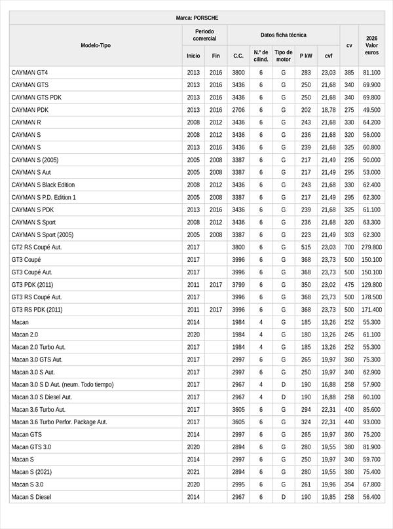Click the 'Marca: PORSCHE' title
click(197, 18)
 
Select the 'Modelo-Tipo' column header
click(96, 45)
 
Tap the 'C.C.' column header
click(238, 56)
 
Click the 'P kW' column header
click(306, 56)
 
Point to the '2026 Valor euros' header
click(372, 45)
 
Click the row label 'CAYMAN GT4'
click(30, 73)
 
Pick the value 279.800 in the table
click(371, 247)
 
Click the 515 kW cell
click(306, 247)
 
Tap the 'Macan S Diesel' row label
click(31, 497)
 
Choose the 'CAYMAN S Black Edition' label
click(43, 185)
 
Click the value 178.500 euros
click(371, 297)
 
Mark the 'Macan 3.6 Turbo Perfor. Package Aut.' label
click(60, 422)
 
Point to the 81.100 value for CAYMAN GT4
click(371, 73)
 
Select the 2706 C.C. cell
click(238, 110)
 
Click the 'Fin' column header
click(216, 56)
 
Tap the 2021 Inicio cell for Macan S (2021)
click(193, 472)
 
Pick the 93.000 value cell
click(371, 422)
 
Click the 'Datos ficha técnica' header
click(283, 35)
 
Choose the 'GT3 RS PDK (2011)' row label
click(37, 310)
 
